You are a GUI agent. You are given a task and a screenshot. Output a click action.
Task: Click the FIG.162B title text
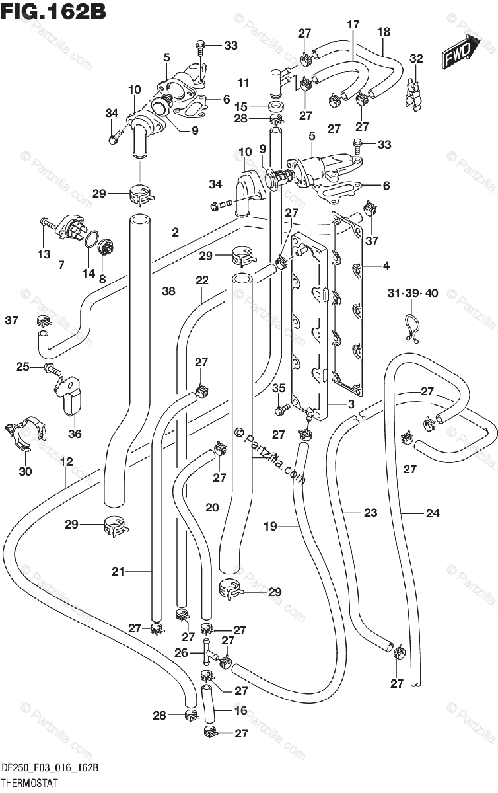(53, 12)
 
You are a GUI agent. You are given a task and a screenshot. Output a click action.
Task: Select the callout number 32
(416, 58)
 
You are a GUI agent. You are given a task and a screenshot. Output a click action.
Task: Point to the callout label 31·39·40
(412, 293)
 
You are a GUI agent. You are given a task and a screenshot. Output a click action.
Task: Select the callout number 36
(75, 434)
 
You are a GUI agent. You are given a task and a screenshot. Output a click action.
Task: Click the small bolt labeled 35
(282, 409)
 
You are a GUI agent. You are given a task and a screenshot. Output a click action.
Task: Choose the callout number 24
(433, 513)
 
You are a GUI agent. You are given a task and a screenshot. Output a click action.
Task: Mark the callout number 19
(270, 526)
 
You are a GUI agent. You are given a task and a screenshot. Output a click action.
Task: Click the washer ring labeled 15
(277, 106)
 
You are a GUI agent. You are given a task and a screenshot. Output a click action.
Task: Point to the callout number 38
(168, 291)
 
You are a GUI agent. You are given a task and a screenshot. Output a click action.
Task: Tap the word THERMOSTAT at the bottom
(29, 782)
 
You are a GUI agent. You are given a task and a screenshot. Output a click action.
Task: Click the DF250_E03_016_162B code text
(50, 768)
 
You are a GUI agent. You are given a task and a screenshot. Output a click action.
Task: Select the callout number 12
(67, 461)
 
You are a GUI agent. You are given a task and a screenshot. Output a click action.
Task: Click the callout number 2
(175, 232)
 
